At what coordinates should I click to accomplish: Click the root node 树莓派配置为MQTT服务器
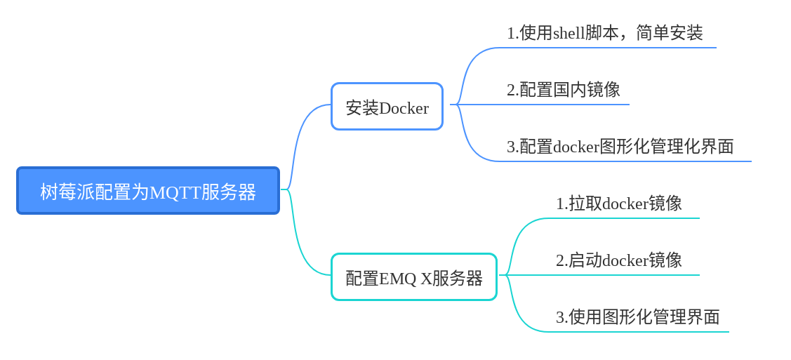[x=148, y=191]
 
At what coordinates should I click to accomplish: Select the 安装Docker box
[x=387, y=107]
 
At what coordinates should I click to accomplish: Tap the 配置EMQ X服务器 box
[x=414, y=276]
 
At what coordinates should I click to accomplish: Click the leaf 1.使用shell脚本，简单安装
[x=605, y=33]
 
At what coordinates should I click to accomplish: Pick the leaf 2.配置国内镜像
[x=564, y=90]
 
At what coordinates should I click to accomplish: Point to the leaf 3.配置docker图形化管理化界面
[x=620, y=147]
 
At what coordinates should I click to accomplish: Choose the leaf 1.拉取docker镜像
[x=619, y=204]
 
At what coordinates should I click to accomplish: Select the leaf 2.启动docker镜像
[x=619, y=260]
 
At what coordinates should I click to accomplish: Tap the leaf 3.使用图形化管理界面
[x=637, y=317]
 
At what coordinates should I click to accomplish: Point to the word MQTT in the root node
[x=175, y=192]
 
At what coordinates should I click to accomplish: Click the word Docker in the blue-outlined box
[x=404, y=108]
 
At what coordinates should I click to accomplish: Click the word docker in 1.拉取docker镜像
[x=625, y=204]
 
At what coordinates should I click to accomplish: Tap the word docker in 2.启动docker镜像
[x=625, y=260]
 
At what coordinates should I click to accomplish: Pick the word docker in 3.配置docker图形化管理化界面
[x=576, y=147]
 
